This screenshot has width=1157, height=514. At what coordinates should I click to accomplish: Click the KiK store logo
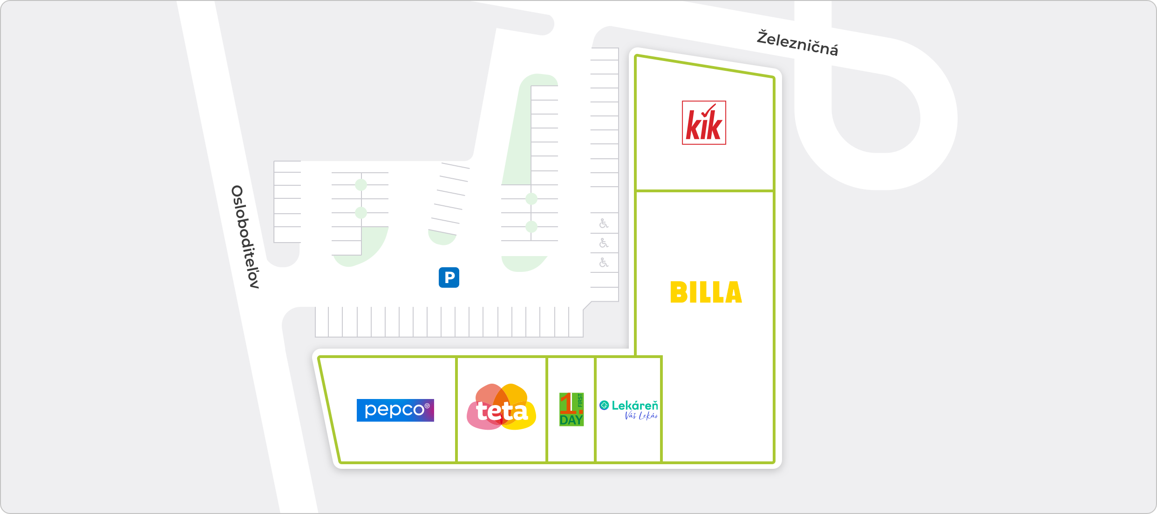(704, 123)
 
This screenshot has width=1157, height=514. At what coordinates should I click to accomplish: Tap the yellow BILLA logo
(706, 292)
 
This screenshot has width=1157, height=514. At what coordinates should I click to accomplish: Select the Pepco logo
(395, 410)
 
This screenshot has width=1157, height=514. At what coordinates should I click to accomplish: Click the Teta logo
(502, 407)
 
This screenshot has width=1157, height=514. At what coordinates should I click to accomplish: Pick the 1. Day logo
(572, 409)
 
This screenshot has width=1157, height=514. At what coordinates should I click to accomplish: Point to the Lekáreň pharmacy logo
(629, 410)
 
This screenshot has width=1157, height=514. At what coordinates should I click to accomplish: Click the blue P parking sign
(449, 277)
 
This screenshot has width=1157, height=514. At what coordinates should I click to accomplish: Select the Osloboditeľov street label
(245, 237)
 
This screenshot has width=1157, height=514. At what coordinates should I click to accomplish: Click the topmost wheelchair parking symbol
(604, 223)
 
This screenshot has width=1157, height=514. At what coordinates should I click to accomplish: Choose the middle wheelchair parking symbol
(604, 243)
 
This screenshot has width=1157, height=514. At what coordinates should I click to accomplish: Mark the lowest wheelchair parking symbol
(604, 263)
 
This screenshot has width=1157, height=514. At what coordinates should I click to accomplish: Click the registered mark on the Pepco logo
(427, 406)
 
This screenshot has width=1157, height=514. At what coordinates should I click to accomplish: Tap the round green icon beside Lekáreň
(604, 406)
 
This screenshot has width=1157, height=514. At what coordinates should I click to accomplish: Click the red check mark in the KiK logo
(708, 112)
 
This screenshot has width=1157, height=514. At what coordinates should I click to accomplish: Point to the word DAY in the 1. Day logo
(572, 420)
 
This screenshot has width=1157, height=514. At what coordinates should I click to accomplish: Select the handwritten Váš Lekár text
(641, 416)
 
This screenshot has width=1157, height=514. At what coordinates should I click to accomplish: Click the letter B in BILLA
(678, 292)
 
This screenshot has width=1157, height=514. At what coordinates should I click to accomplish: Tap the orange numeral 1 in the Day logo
(568, 403)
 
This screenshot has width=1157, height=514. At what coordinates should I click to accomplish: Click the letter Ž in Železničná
(763, 36)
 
